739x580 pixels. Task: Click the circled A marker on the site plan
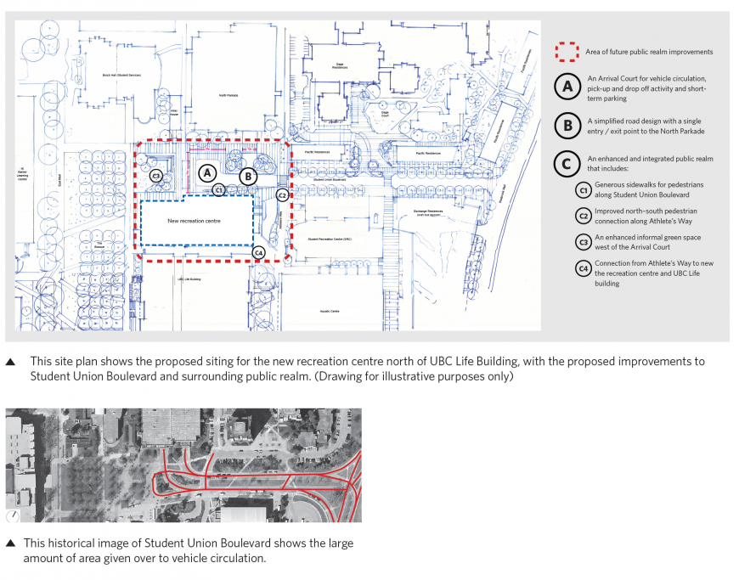coord(206,172)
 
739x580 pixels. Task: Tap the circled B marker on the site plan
coord(248,177)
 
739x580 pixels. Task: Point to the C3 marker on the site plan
coord(156,177)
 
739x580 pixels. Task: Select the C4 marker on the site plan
coord(259,252)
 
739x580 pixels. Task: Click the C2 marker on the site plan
coord(282,195)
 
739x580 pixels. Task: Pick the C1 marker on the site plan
coord(219,190)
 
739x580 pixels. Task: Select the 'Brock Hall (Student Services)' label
coord(120,75)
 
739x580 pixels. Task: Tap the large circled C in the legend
coord(567,163)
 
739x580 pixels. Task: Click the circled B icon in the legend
coord(567,127)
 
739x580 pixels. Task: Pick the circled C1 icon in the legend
coord(583,190)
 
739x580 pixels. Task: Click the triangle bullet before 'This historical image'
coord(10,543)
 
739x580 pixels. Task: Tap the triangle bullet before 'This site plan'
coord(10,361)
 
